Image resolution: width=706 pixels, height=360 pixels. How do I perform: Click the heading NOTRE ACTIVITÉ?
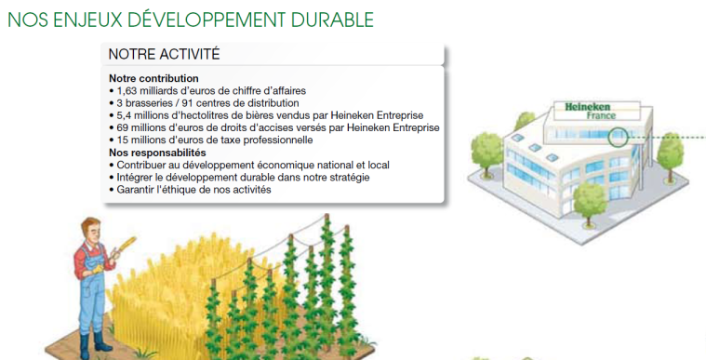click(164, 55)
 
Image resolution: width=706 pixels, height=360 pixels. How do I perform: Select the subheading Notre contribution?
click(153, 78)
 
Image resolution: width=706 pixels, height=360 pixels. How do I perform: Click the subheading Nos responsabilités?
click(157, 153)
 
